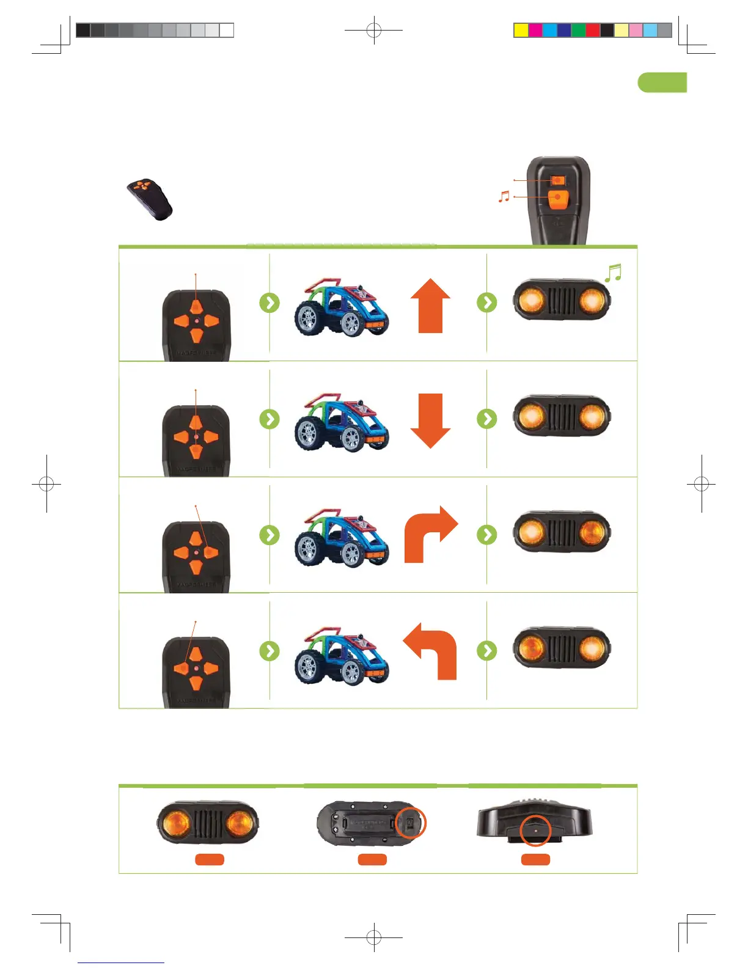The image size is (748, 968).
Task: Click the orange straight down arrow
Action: pyautogui.click(x=430, y=421)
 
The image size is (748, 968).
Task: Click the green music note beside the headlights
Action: pyautogui.click(x=613, y=273)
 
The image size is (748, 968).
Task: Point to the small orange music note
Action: pyautogui.click(x=504, y=197)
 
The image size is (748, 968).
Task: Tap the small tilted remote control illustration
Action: pyautogui.click(x=150, y=199)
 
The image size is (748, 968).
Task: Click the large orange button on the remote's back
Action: pyautogui.click(x=557, y=199)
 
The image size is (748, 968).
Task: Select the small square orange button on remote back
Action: pyautogui.click(x=557, y=180)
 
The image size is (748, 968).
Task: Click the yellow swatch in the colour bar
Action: pyautogui.click(x=521, y=30)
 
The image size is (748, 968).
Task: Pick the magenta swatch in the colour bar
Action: pyautogui.click(x=535, y=30)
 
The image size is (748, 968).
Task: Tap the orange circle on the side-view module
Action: pyautogui.click(x=535, y=831)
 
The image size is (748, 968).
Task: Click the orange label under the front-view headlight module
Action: pyautogui.click(x=210, y=859)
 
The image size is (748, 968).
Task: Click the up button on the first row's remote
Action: pyautogui.click(x=196, y=307)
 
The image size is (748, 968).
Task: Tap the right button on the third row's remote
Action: pyautogui.click(x=211, y=552)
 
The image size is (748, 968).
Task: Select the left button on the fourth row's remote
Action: pyautogui.click(x=181, y=668)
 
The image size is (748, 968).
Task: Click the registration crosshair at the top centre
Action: pyautogui.click(x=373, y=30)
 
